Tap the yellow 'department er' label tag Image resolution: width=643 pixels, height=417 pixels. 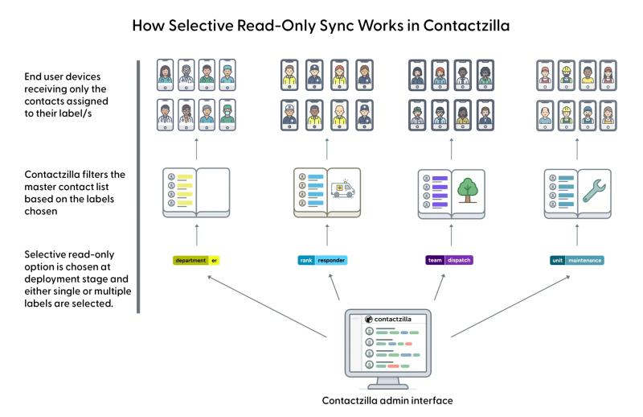pos(196,260)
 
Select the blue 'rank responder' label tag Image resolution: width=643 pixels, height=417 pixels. pos(323,260)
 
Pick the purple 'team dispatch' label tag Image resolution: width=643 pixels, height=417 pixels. pos(450,260)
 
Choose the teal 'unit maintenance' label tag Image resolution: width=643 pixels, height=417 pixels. pos(575,260)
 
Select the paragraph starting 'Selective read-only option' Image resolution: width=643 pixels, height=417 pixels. pos(63,277)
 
